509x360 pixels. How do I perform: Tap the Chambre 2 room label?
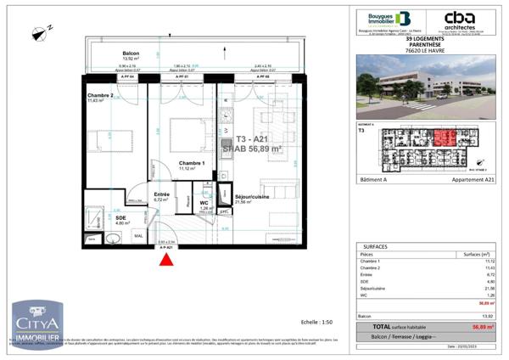pyautogui.click(x=100, y=96)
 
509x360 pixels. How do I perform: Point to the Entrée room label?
pyautogui.click(x=161, y=194)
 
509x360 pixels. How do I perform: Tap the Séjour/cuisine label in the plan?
pyautogui.click(x=255, y=197)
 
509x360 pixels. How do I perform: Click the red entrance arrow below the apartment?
pyautogui.click(x=164, y=261)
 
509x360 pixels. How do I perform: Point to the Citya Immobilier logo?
pyautogui.click(x=37, y=325)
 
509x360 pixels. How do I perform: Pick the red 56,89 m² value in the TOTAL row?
pyautogui.click(x=481, y=326)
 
